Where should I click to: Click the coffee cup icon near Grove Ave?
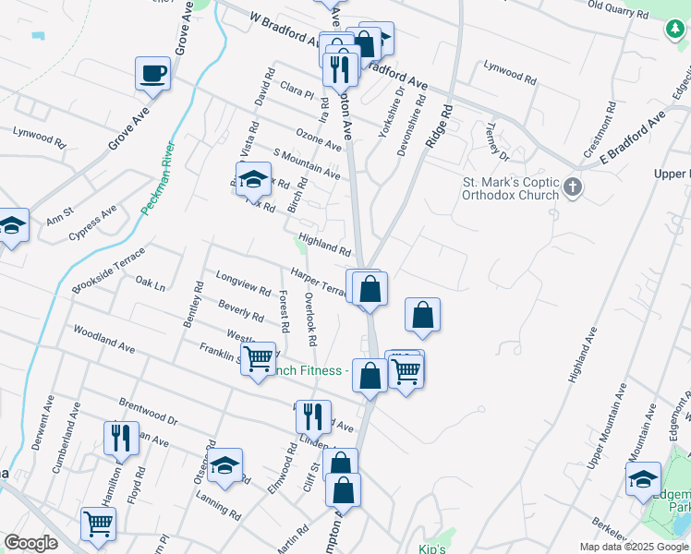(152, 72)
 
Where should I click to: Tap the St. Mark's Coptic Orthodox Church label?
(511, 187)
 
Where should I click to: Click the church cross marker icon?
(573, 187)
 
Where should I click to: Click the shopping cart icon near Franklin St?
(259, 356)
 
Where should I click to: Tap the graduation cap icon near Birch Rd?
(251, 180)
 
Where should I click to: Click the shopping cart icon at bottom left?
(97, 523)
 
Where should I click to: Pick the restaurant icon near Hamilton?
(121, 438)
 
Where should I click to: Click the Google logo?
(30, 542)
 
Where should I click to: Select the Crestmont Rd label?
(598, 134)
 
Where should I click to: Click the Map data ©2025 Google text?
(633, 547)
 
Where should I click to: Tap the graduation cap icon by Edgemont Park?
(643, 477)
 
